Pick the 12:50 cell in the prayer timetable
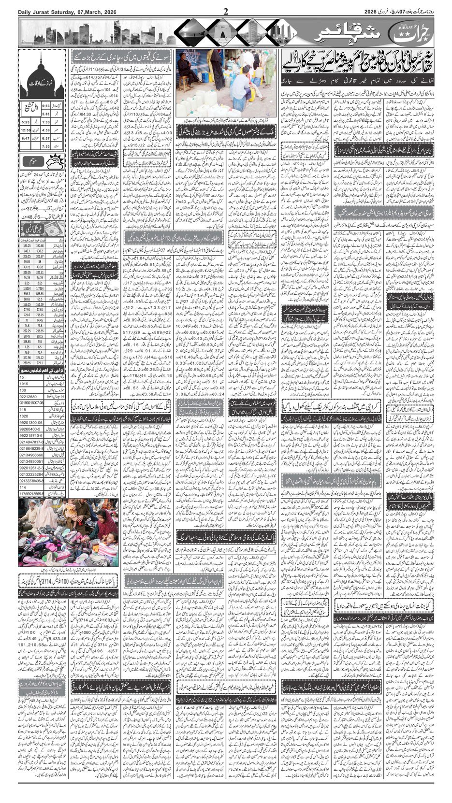pyautogui.click(x=26, y=130)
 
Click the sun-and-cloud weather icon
pyautogui.click(x=57, y=161)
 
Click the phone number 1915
pyautogui.click(x=24, y=383)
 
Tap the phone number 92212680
pyautogui.click(x=29, y=396)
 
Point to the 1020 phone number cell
pyautogui.click(x=24, y=415)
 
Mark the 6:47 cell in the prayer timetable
pyautogui.click(x=26, y=138)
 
